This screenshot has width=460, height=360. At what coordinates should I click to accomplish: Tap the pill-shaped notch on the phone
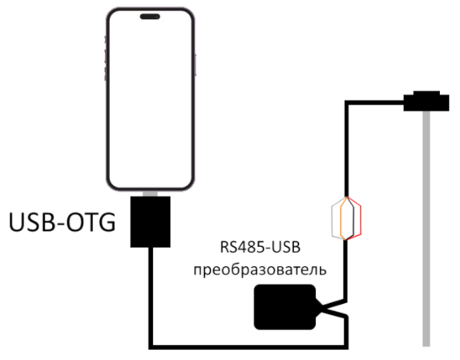(150, 16)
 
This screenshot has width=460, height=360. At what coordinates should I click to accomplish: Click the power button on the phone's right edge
(196, 65)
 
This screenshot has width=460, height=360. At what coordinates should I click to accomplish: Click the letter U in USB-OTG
(16, 222)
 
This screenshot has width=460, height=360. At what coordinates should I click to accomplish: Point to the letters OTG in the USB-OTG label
(91, 222)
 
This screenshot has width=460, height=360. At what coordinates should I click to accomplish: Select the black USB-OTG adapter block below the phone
(150, 222)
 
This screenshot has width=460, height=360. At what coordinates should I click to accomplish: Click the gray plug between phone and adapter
(150, 194)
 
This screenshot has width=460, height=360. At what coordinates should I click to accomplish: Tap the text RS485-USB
(260, 247)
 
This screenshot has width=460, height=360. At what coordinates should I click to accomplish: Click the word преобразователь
(260, 269)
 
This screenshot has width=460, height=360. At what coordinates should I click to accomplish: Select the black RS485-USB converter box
(284, 307)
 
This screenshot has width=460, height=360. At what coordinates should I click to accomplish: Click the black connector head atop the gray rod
(426, 101)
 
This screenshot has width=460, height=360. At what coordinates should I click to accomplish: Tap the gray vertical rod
(426, 229)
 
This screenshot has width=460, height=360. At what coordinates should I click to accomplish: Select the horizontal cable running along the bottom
(248, 347)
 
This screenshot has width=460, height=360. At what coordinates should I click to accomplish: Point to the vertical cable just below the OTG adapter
(151, 297)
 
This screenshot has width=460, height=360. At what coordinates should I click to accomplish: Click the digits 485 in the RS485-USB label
(248, 247)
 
